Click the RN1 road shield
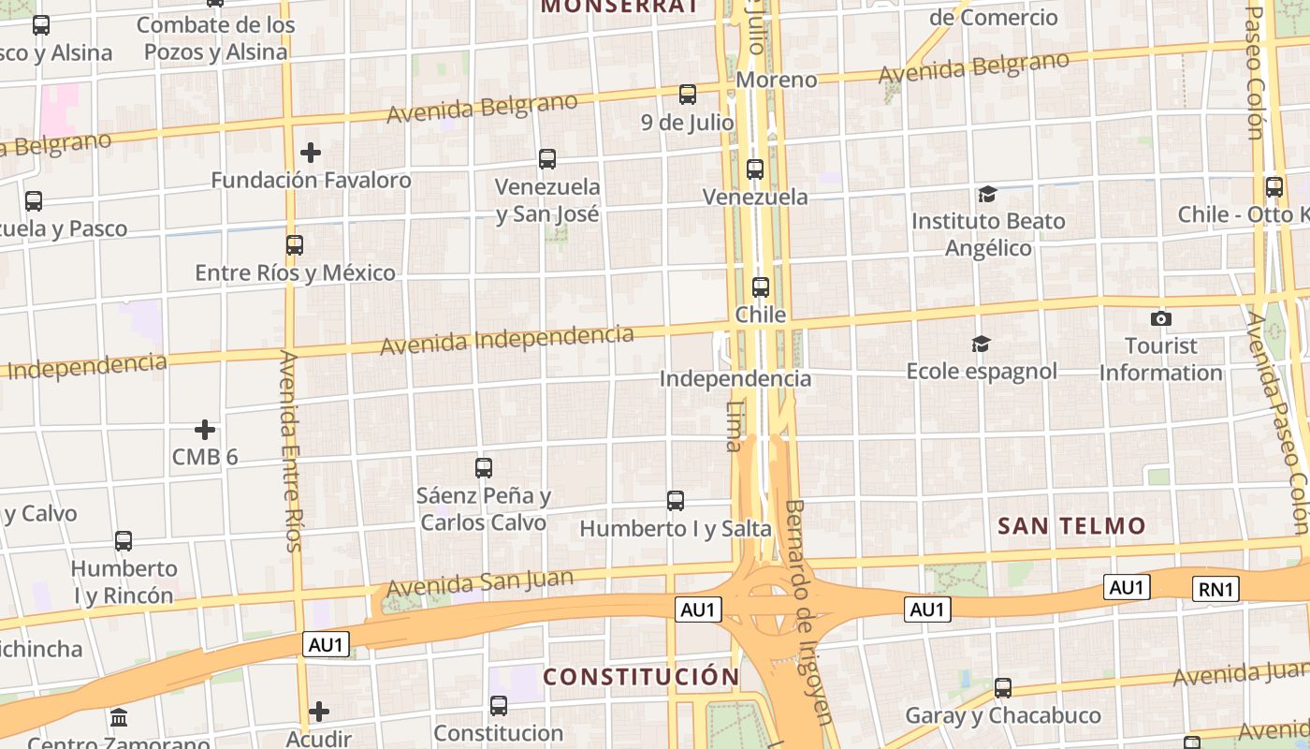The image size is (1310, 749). (1216, 589)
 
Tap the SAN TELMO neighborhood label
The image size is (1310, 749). (1071, 526)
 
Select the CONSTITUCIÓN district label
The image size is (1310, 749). (641, 676)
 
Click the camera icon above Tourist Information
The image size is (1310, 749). (1161, 318)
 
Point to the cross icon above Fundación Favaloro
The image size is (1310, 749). (311, 152)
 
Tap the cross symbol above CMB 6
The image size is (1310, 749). (205, 430)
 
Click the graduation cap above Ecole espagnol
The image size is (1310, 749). (981, 345)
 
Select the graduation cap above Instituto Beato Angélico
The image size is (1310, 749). (987, 195)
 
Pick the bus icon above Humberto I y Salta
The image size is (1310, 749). (676, 501)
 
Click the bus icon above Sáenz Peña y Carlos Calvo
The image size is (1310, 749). (484, 468)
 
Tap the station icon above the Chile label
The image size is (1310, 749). (761, 287)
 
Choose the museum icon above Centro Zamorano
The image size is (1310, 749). (119, 718)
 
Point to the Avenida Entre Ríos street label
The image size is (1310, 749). (290, 449)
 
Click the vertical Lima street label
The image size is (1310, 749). (735, 426)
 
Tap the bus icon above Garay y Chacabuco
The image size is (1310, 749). (1003, 688)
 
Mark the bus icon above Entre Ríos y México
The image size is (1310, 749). (295, 245)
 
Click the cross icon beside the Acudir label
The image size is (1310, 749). (319, 712)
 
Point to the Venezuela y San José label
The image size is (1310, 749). (547, 200)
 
